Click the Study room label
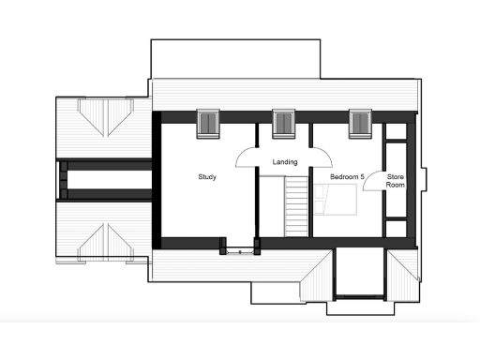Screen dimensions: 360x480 (207, 176)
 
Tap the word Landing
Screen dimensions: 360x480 (285, 162)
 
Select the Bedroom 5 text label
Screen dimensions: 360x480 (346, 176)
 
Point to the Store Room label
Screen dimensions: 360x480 (396, 181)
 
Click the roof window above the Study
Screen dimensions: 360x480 (207, 123)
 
